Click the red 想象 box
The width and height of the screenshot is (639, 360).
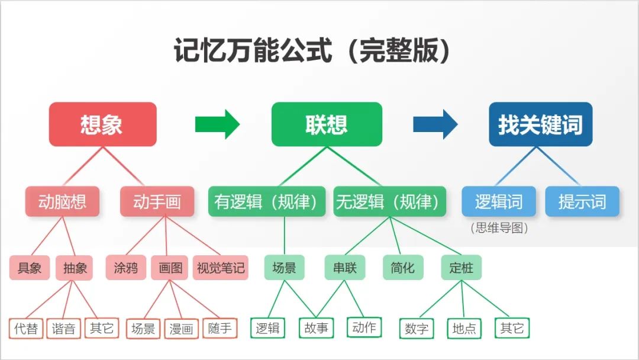[x=102, y=124]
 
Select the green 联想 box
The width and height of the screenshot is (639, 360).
[x=327, y=124]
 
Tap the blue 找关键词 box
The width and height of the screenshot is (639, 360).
[x=540, y=124]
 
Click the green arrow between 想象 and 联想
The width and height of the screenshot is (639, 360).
[x=217, y=124]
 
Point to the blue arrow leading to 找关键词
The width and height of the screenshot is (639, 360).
[x=435, y=124]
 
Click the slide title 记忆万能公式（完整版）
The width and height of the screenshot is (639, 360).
[x=312, y=51]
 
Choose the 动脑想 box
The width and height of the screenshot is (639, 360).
[x=62, y=201]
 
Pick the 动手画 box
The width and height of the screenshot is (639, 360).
[x=157, y=201]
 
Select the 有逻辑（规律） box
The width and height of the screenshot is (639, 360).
[x=267, y=201]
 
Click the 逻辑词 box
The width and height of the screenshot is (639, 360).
[x=499, y=201]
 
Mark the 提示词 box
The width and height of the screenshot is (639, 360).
[x=582, y=201]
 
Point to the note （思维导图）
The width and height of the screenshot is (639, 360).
[x=499, y=228]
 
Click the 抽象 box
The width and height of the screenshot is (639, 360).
[x=75, y=268]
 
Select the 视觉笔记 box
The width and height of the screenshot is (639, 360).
[x=220, y=268]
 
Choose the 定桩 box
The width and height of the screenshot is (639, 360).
[x=461, y=268]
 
